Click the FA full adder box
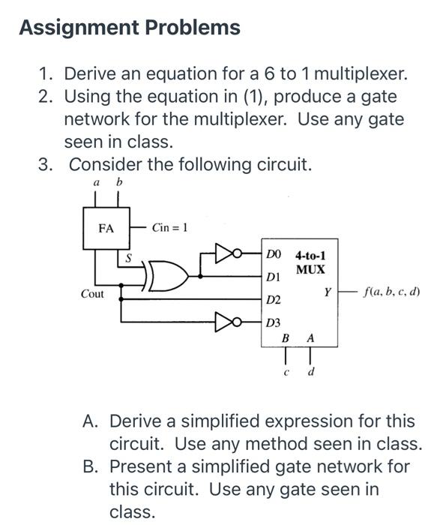(x=106, y=227)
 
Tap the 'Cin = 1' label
(x=169, y=227)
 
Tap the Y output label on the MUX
(x=328, y=291)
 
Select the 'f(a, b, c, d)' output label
(x=391, y=291)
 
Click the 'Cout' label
(x=93, y=294)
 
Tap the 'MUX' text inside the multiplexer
(x=310, y=268)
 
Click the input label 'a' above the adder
(x=96, y=182)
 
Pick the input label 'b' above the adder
(x=118, y=182)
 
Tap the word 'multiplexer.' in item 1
(x=361, y=73)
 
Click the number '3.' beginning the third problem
(x=46, y=163)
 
